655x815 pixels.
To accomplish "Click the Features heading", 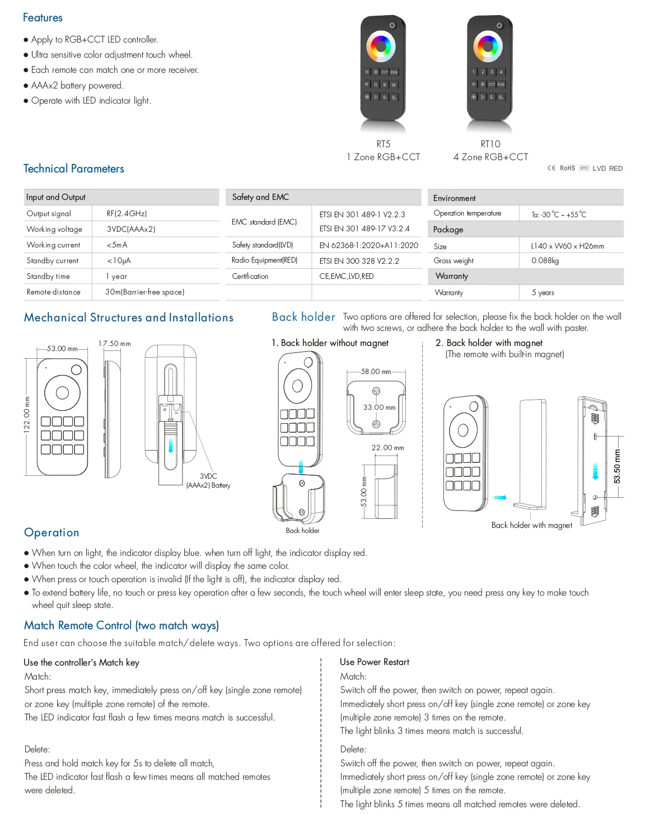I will point(43,17).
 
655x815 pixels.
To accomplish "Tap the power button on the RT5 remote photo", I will point(392,25).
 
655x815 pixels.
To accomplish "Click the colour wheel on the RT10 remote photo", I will point(488,46).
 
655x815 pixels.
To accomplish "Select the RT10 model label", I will point(490,144).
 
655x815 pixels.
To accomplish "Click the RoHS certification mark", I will point(567,168).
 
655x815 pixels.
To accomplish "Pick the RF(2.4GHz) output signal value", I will point(127,213).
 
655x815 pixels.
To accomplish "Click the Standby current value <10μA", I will point(119,260).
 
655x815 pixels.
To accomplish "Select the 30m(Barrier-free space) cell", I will point(145,292).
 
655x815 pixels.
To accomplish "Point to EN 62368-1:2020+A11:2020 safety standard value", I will point(368,245).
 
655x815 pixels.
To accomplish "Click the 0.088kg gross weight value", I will point(545,260).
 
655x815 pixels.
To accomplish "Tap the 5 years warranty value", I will point(542,292).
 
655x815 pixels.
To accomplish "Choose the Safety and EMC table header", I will point(260,197).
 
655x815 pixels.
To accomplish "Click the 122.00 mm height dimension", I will point(27,414).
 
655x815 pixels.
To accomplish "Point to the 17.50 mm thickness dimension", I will point(114,343).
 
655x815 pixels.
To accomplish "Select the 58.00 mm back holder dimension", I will point(376,371).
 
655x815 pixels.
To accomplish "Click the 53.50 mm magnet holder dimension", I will point(617,466).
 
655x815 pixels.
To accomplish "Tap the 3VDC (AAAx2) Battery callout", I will point(208,481).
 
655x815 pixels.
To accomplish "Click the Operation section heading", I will point(52,532).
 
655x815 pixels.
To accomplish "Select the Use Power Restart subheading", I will point(375,662).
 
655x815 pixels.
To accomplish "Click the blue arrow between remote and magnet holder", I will point(500,497).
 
